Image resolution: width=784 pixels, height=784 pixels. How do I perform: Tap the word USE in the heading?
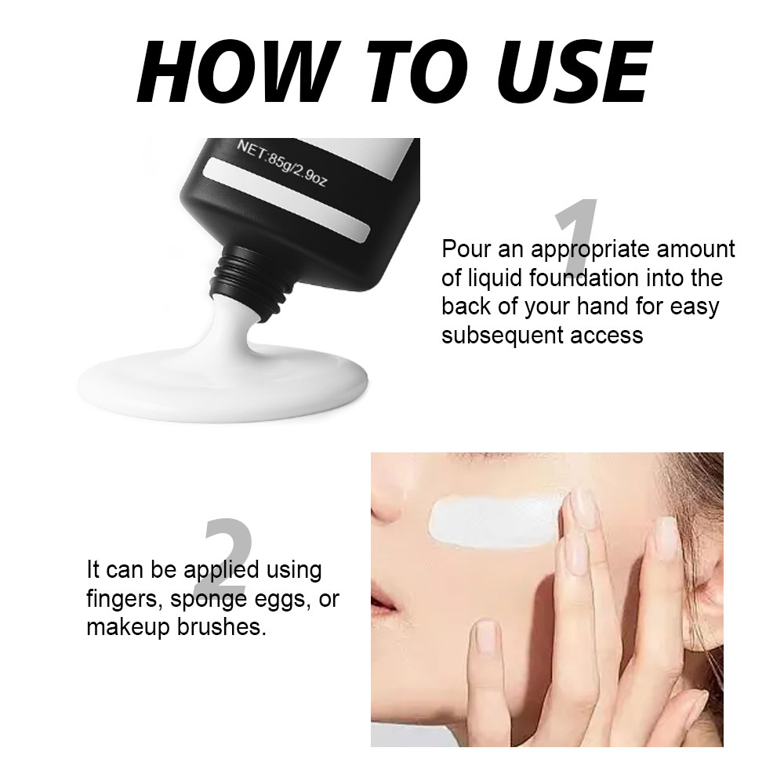(x=574, y=72)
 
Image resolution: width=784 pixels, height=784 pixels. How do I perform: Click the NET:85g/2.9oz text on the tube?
(x=281, y=162)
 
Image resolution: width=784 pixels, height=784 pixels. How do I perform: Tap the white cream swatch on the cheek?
(x=495, y=521)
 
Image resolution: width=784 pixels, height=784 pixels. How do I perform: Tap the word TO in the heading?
(x=417, y=72)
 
